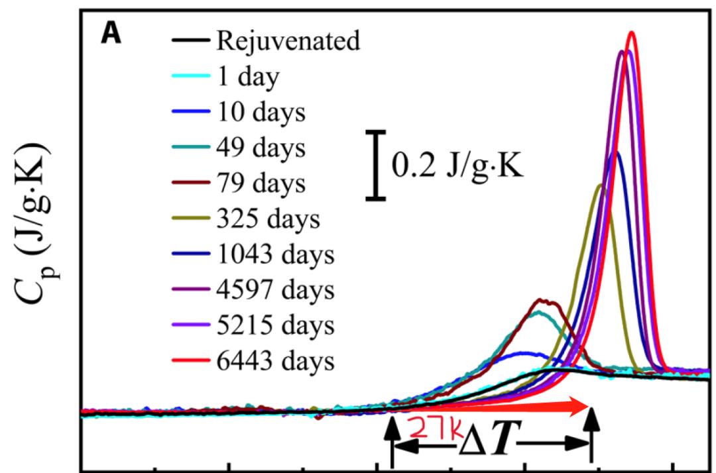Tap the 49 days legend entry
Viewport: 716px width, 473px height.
260,148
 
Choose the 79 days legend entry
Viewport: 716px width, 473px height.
260,184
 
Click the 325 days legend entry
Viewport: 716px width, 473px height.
267,219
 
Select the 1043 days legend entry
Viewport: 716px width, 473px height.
273,255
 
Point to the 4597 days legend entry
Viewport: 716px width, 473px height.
273,290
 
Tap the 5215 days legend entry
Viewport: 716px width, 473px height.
273,326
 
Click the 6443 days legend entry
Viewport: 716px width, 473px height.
273,362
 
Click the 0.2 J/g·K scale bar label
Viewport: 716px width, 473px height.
458,166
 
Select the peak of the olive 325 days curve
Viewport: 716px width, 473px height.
601,185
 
